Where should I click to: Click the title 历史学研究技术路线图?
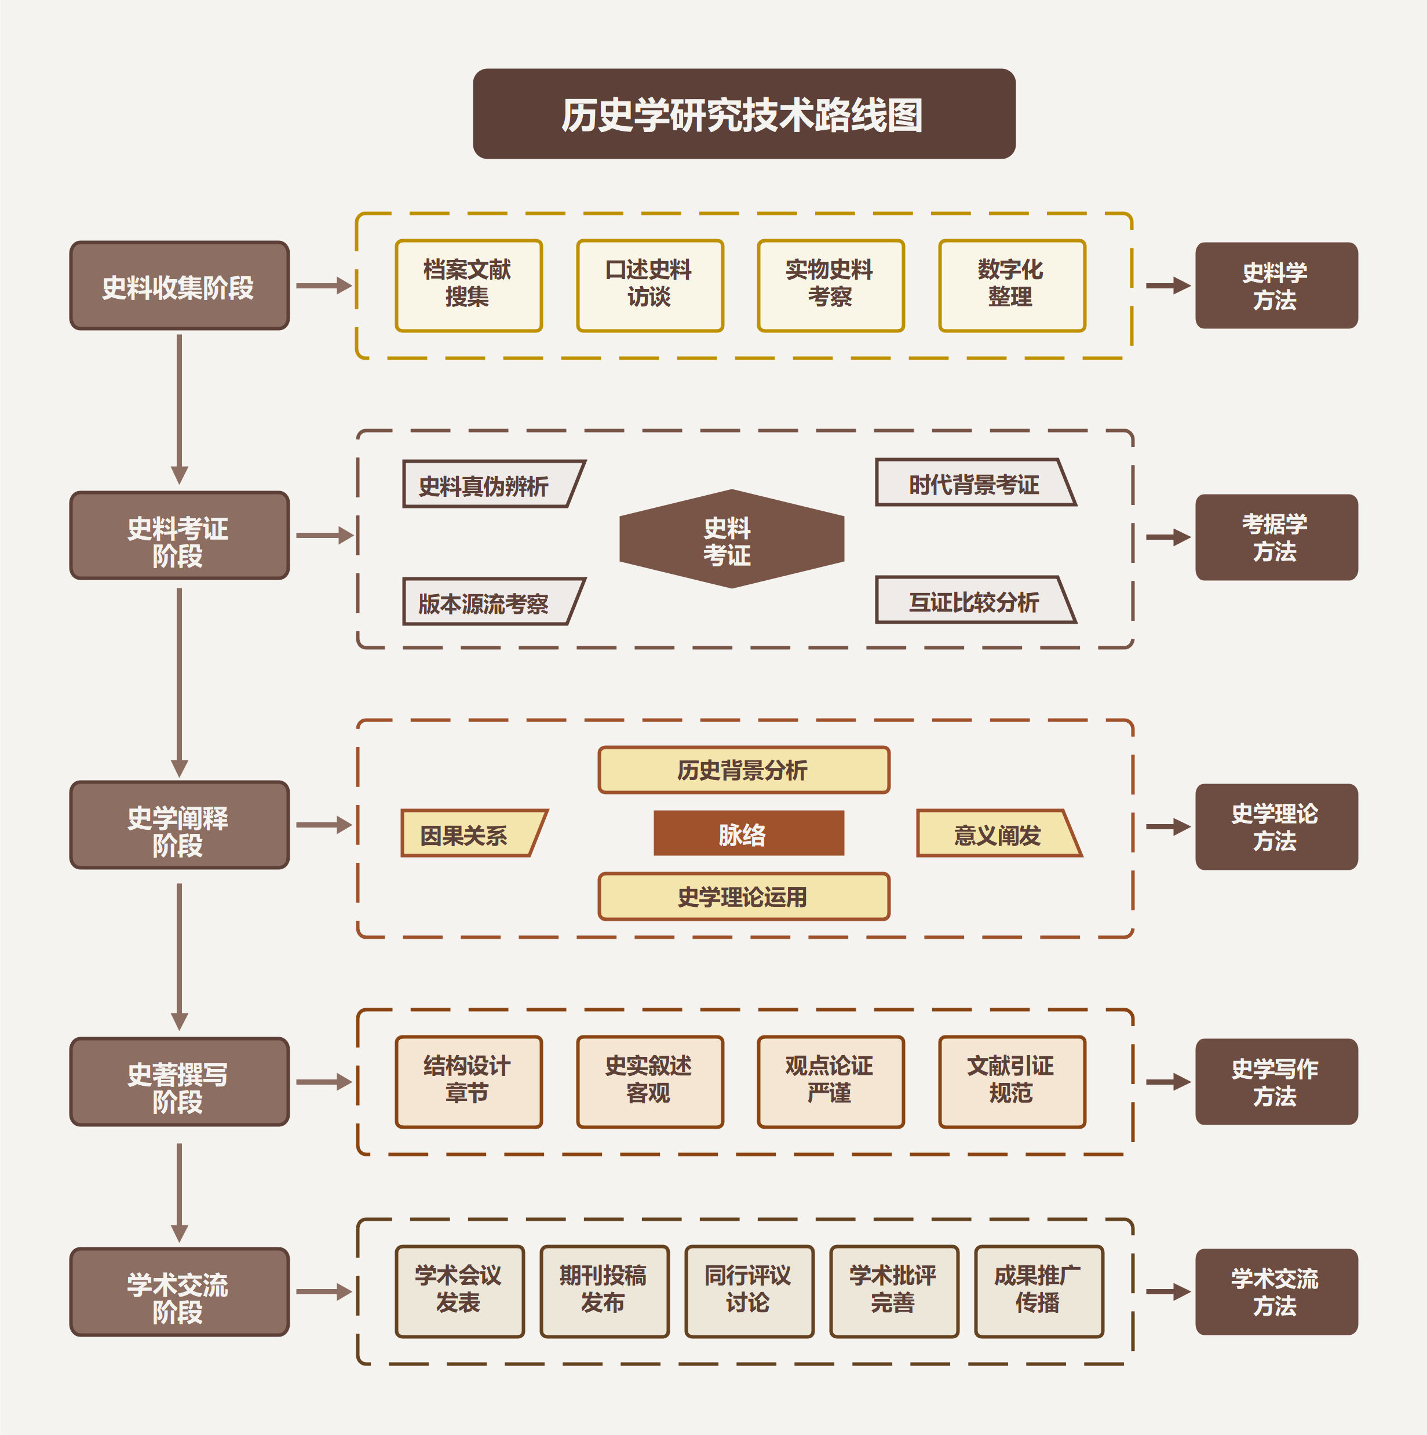pos(743,115)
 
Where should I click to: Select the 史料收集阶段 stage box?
pos(179,286)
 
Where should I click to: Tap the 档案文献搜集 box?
pos(468,285)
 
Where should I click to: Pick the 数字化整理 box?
pos(1012,285)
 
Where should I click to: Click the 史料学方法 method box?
pos(1275,286)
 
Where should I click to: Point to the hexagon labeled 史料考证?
pos(731,539)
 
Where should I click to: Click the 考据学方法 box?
pos(1275,537)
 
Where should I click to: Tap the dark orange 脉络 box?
pos(749,833)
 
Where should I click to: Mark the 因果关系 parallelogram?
pos(471,833)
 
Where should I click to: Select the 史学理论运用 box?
pos(743,896)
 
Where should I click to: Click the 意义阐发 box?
pos(998,833)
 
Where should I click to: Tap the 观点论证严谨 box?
pos(830,1081)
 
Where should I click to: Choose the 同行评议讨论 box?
pos(749,1291)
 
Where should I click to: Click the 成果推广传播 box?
pos(1038,1291)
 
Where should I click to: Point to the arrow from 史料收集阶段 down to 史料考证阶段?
pos(179,408)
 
